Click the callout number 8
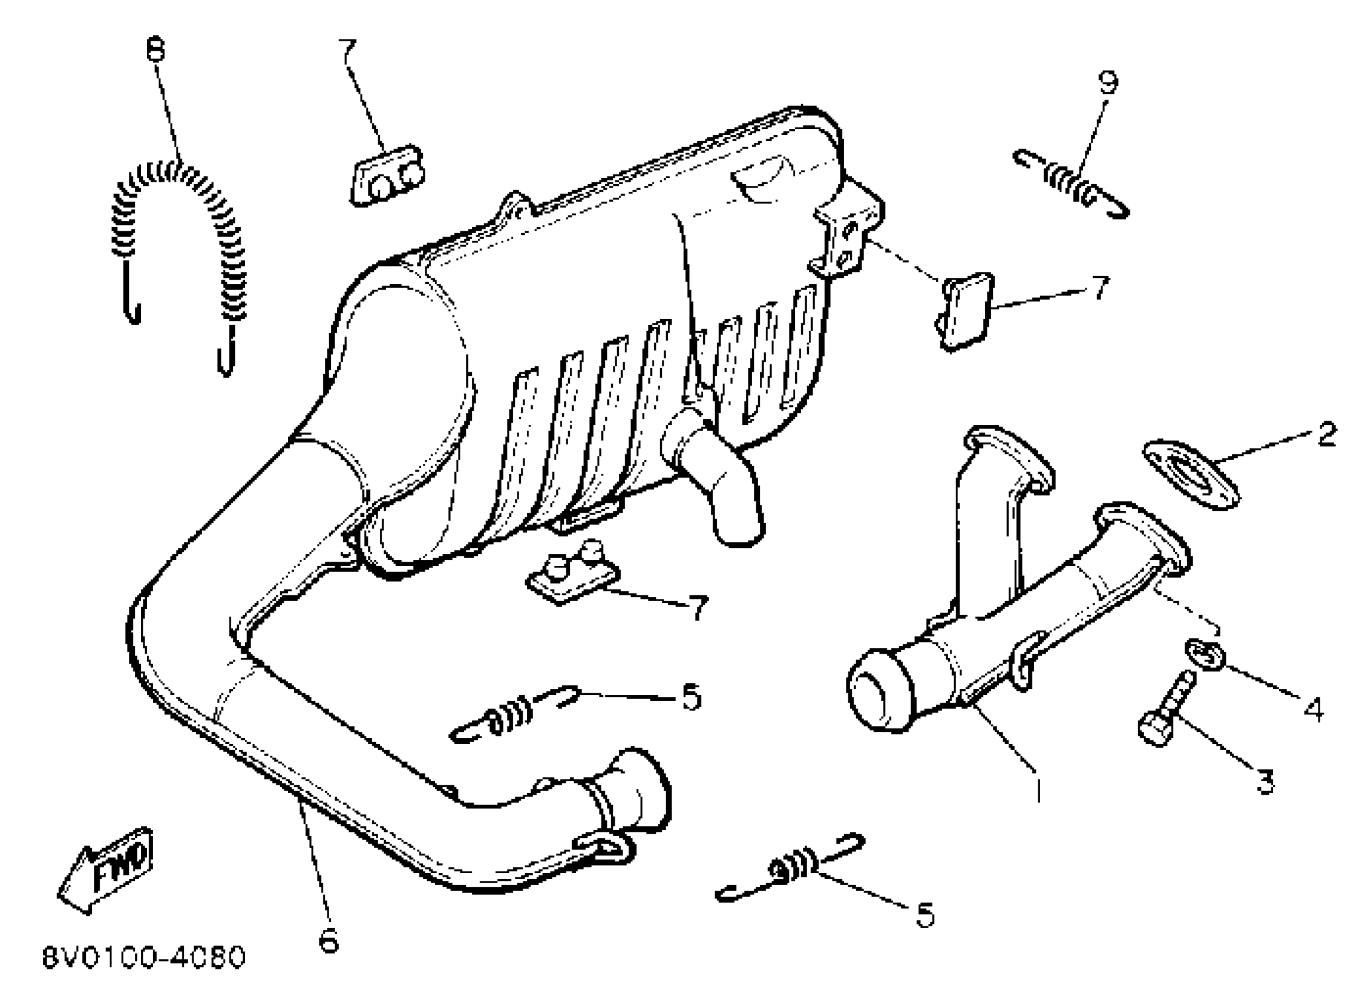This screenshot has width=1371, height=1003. pos(155,50)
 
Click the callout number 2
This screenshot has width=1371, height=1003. pos(1327,434)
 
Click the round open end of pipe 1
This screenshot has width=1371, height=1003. pos(879,689)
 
